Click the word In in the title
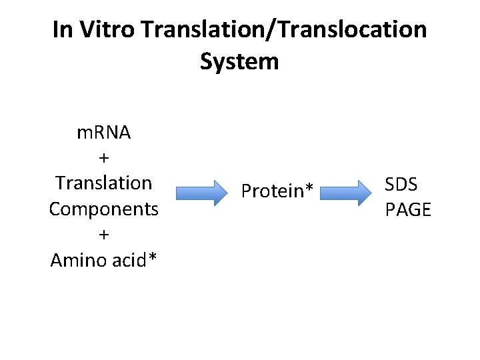63,30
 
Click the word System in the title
239,62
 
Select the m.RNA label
104,132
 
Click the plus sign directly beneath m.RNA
104,157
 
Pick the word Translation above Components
104,183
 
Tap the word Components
104,209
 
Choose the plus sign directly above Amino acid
104,234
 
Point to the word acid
129,259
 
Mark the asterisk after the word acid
153,256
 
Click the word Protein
272,191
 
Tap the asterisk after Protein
309,189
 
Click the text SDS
401,184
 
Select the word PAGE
408,210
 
